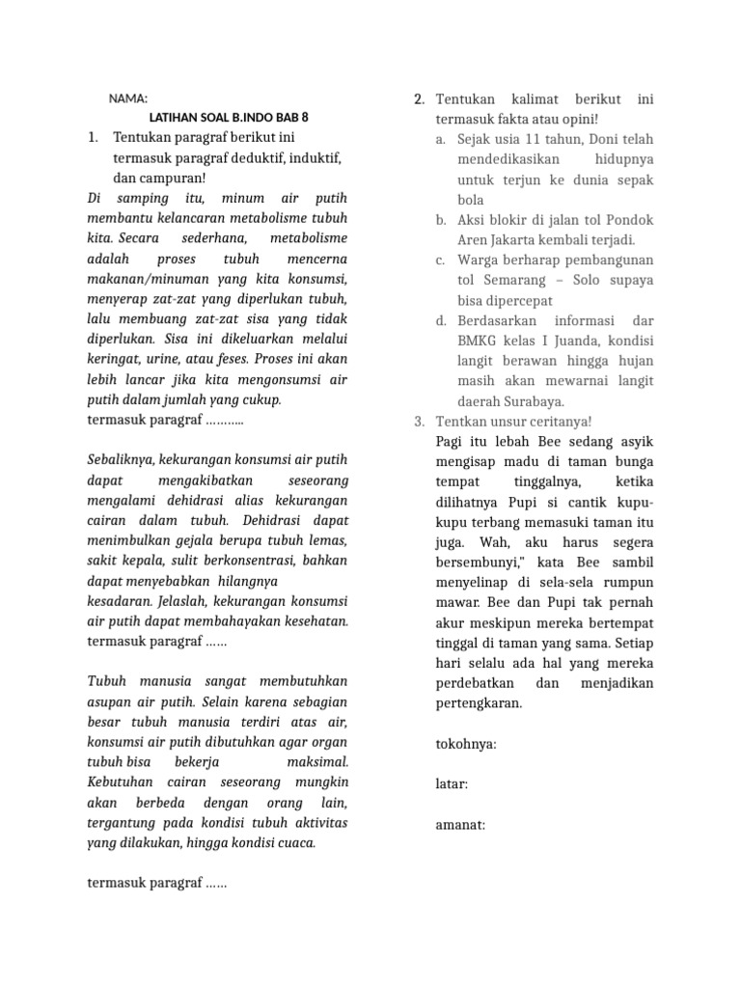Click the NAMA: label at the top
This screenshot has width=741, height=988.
[x=127, y=98]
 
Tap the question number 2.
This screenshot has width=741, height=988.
[x=419, y=99]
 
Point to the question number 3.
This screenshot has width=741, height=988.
[x=419, y=422]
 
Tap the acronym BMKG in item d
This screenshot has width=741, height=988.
[x=478, y=341]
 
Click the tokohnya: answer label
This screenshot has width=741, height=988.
[x=466, y=744]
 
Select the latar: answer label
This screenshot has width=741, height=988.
[x=452, y=784]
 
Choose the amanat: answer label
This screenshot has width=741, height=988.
[x=460, y=824]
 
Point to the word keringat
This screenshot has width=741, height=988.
[x=114, y=358]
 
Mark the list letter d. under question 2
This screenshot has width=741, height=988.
[x=440, y=320]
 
